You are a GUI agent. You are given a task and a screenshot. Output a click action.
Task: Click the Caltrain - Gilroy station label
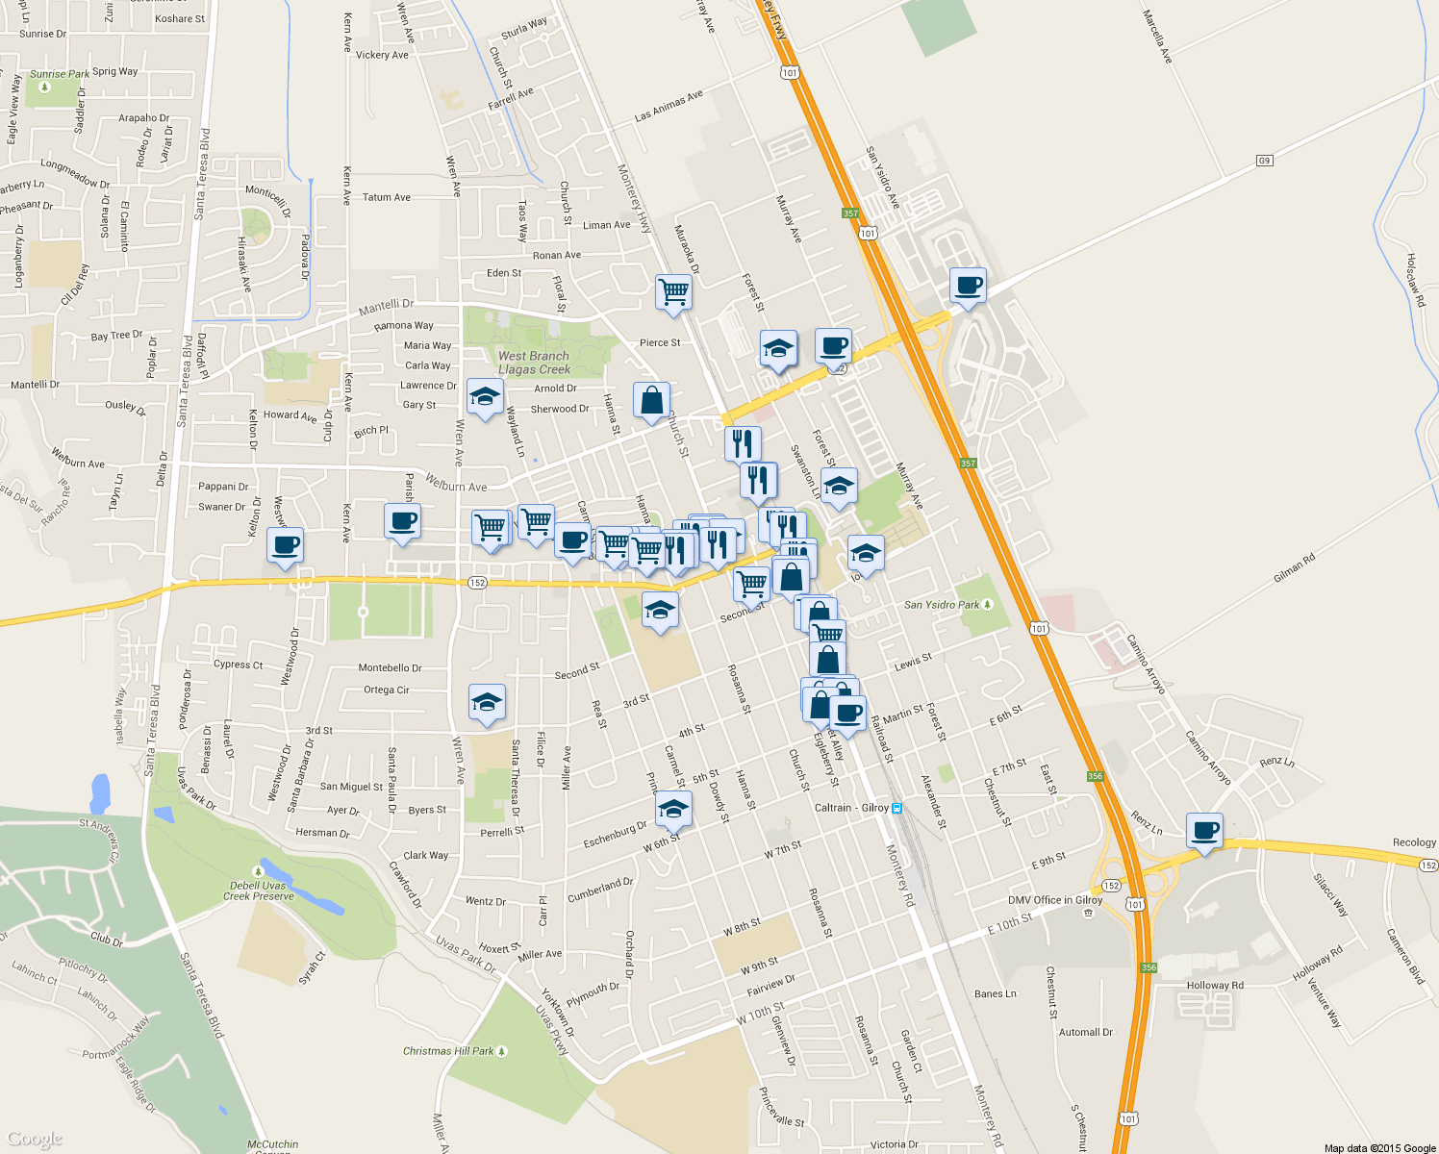(851, 808)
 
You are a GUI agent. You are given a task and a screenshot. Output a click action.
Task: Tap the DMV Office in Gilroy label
(1054, 900)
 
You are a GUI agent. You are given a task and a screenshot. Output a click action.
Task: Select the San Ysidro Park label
(942, 605)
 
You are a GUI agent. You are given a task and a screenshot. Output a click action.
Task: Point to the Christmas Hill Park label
(448, 1051)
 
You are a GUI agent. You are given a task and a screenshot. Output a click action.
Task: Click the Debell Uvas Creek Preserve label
(259, 891)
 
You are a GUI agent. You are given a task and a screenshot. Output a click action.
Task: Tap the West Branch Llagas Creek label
(534, 363)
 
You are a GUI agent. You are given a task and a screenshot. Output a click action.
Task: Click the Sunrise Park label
(60, 74)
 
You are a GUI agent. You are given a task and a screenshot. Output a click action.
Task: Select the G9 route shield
(1264, 161)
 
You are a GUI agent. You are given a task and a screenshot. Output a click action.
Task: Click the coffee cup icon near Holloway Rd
(1203, 830)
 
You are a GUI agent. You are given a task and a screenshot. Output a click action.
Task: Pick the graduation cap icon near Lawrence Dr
(485, 396)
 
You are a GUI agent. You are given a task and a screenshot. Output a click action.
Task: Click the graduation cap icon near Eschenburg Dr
(673, 810)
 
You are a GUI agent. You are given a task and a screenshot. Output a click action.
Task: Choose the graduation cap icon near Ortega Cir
(487, 703)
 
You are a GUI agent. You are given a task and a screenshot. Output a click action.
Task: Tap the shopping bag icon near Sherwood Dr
(651, 400)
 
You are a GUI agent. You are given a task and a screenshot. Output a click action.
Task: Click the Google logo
(35, 1140)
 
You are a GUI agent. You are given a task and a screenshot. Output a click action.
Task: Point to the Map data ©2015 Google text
(1379, 1148)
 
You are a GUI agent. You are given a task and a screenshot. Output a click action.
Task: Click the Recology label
(1414, 842)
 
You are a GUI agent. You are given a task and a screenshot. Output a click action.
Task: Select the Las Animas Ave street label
(669, 106)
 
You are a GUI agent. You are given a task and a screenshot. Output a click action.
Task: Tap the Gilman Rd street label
(1294, 569)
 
